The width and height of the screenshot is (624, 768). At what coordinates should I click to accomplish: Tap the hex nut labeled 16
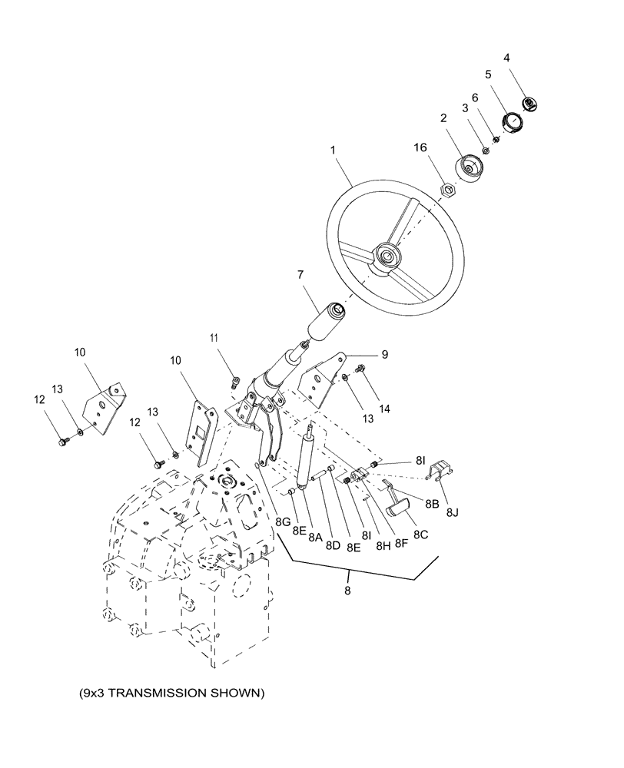[446, 188]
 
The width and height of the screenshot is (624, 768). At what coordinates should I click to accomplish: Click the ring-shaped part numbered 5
[512, 122]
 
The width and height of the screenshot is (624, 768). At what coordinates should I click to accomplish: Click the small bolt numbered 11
[236, 379]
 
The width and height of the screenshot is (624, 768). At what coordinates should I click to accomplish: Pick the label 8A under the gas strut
[314, 539]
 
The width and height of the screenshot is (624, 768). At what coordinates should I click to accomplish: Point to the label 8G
[284, 521]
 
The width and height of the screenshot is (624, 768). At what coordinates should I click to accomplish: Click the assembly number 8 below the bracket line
[349, 591]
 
